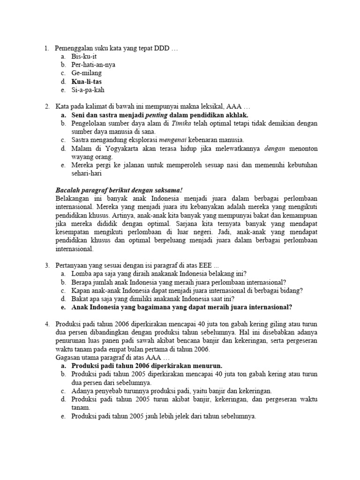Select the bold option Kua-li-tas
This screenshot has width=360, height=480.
point(87,82)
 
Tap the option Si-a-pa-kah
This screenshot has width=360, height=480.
point(87,90)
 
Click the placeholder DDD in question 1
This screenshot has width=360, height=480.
point(162,48)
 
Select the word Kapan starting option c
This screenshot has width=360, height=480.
point(82,291)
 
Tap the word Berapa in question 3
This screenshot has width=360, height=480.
point(83,282)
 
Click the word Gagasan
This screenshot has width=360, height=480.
point(68,358)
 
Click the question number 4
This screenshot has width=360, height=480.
point(47,324)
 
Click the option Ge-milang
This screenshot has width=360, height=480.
point(87,73)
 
